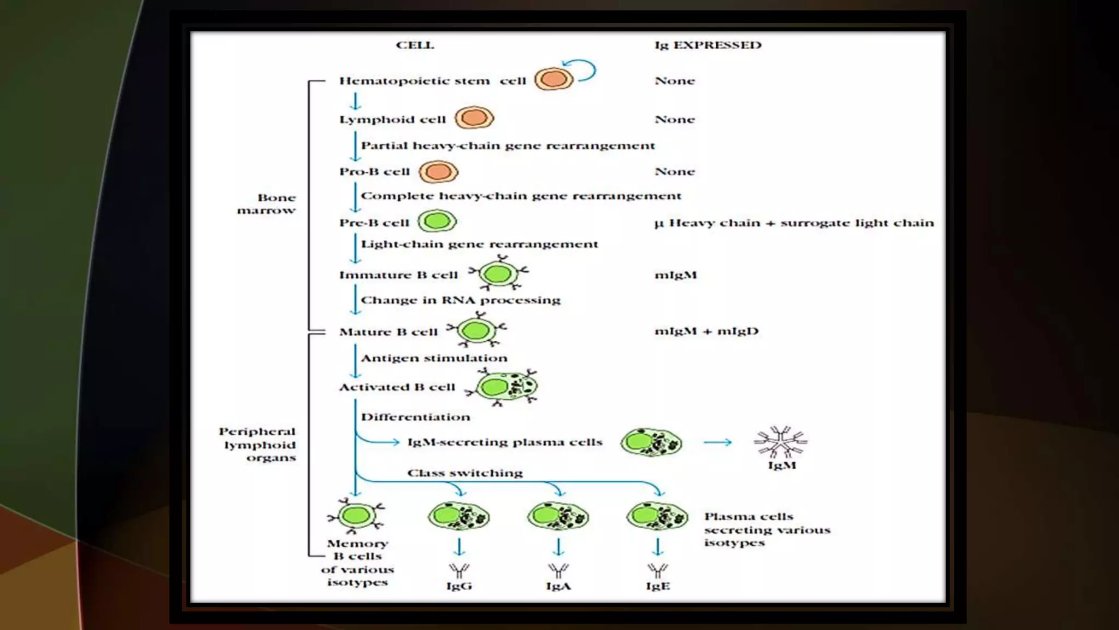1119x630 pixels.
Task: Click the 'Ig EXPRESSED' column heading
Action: tap(708, 45)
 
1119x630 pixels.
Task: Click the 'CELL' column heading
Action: tap(415, 45)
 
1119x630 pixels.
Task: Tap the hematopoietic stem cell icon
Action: tap(553, 79)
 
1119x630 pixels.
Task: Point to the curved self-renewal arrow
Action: tap(585, 69)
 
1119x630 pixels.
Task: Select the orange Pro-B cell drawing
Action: tap(438, 172)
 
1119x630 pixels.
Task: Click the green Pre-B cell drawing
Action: tap(437, 221)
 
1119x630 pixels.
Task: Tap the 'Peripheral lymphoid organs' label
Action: tap(258, 445)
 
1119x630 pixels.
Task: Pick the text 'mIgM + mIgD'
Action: tap(706, 331)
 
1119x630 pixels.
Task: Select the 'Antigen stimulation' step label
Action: tap(434, 358)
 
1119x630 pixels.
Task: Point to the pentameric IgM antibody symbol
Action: tap(781, 441)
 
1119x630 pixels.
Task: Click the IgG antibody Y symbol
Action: tap(459, 570)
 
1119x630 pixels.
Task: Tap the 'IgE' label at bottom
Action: tap(657, 586)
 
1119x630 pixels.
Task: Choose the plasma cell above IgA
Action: tap(558, 516)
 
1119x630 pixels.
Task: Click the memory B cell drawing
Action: tap(356, 516)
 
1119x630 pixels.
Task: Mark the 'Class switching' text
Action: tap(465, 473)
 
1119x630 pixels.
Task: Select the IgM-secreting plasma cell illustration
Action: tap(651, 442)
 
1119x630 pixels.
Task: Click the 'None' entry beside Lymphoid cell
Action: tap(675, 120)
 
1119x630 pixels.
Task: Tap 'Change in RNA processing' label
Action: tap(461, 300)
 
